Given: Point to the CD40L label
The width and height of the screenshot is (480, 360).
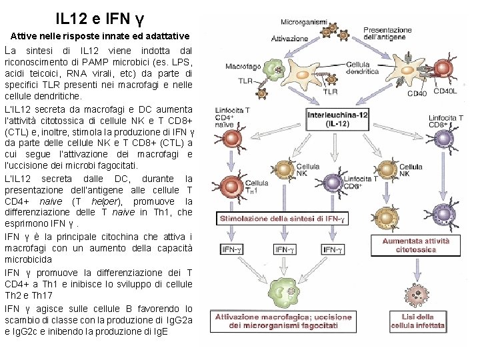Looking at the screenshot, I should pyautogui.click(x=446, y=93).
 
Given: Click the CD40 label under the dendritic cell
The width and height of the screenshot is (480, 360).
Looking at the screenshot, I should pyautogui.click(x=417, y=93).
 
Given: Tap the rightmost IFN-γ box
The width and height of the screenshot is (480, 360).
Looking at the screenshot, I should pyautogui.click(x=333, y=249).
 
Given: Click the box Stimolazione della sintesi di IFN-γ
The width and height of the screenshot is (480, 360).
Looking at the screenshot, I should pyautogui.click(x=283, y=219).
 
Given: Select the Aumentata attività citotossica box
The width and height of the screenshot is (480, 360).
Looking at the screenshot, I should pyautogui.click(x=415, y=245).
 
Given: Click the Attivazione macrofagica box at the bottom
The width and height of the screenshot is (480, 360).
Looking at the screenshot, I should pyautogui.click(x=276, y=321).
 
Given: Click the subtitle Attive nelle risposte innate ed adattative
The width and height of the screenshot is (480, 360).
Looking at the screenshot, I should pyautogui.click(x=100, y=35).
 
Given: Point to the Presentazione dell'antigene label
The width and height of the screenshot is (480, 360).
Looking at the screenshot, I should pyautogui.click(x=387, y=34).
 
